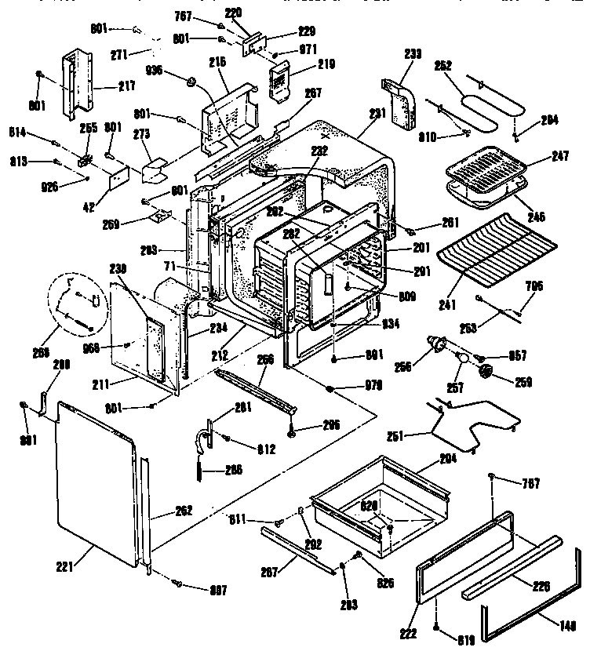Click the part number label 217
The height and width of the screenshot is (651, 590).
tap(103, 85)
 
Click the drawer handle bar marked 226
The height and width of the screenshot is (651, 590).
tap(510, 565)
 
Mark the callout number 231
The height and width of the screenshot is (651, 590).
tap(377, 114)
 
